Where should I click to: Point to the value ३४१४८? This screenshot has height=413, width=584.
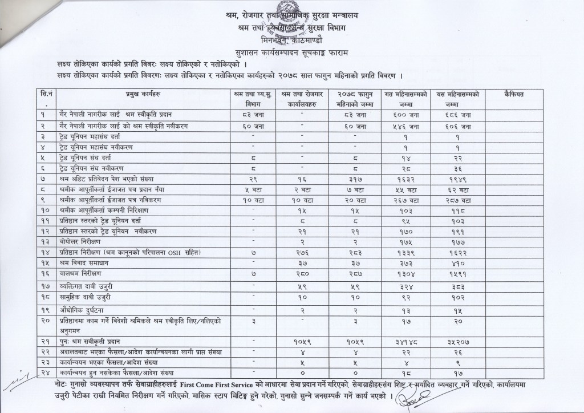point(409,342)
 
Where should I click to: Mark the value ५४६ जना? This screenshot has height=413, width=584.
point(409,125)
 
